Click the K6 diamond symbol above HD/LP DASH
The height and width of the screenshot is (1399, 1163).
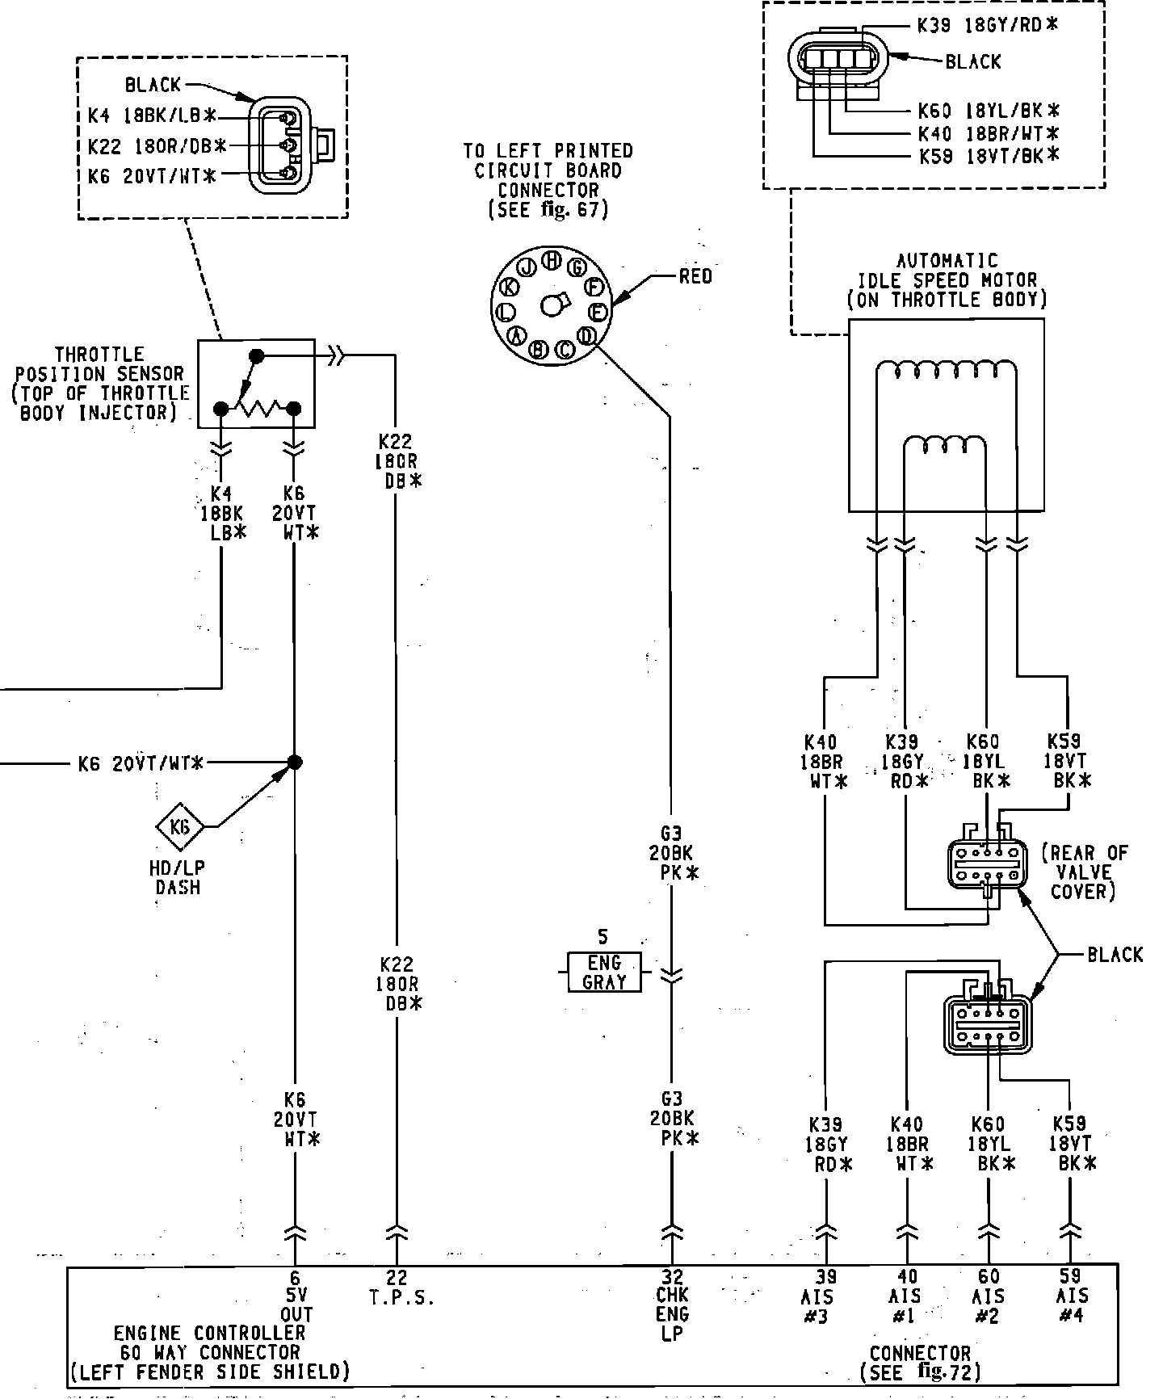pyautogui.click(x=180, y=826)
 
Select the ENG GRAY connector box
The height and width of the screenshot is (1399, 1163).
pyautogui.click(x=604, y=972)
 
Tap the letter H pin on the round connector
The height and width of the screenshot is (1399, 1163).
pyautogui.click(x=552, y=260)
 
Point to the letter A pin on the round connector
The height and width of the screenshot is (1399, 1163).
pyautogui.click(x=517, y=335)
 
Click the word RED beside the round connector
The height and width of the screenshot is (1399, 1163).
pyautogui.click(x=695, y=277)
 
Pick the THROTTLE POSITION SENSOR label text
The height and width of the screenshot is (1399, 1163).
pyautogui.click(x=99, y=384)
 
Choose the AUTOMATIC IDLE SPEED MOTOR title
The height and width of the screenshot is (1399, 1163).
pyautogui.click(x=947, y=280)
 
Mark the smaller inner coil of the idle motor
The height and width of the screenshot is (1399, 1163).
pyautogui.click(x=944, y=447)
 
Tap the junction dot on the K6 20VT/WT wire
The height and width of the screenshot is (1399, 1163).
pyautogui.click(x=295, y=762)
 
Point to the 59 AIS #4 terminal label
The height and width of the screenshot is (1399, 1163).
pyautogui.click(x=1071, y=1296)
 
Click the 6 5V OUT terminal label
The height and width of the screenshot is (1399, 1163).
pyautogui.click(x=296, y=1296)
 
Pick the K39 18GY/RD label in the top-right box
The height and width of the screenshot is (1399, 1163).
pyautogui.click(x=986, y=25)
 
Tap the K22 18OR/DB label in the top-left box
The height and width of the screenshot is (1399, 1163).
pyautogui.click(x=157, y=146)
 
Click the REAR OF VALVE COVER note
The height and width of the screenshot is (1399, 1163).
pyautogui.click(x=1084, y=872)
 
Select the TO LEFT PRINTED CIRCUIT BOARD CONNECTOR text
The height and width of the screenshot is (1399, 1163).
pyautogui.click(x=548, y=180)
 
